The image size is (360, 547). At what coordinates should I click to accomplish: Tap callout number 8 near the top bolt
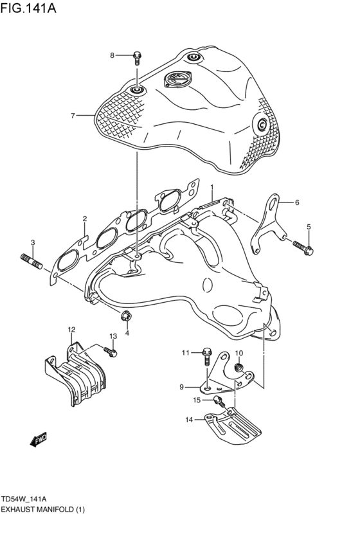[x=112, y=55]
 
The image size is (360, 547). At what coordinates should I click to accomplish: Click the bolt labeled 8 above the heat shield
[x=137, y=57]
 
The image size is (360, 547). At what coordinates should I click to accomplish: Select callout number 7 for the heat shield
[x=73, y=116]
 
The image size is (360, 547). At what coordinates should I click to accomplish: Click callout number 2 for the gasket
[x=84, y=219]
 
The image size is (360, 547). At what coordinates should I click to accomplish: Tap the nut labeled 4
[x=126, y=316]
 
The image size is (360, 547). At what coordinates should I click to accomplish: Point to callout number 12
[x=71, y=330]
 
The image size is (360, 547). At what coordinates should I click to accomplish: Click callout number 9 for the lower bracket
[x=181, y=386]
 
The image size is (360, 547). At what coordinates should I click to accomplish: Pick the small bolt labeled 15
[x=218, y=402]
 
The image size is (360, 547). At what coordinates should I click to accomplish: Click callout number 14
[x=189, y=420]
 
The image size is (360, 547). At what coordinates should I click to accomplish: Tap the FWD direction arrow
[x=39, y=439]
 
